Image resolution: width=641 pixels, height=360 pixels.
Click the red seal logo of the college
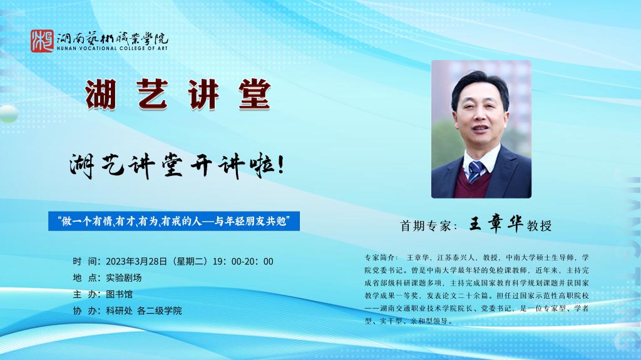[x=42, y=41]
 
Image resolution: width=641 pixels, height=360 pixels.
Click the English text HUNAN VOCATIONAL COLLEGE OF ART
[x=113, y=48]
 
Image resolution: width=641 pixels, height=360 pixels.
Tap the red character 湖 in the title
[x=101, y=95]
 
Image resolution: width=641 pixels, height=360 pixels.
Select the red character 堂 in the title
[x=254, y=95]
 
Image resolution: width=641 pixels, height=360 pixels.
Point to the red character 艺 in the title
[x=152, y=95]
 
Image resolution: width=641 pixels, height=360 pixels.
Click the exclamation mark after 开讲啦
[x=281, y=165]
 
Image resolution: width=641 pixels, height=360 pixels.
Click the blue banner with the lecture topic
[x=174, y=221]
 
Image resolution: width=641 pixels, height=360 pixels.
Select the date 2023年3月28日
[x=136, y=262]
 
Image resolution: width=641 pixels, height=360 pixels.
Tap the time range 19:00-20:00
[x=243, y=262]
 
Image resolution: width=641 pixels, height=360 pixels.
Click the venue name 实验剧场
[x=124, y=278]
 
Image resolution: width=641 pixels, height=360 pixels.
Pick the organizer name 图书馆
[x=120, y=294]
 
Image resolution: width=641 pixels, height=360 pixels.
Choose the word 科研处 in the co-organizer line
[x=120, y=311]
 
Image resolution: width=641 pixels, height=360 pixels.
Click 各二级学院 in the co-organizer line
[x=160, y=311]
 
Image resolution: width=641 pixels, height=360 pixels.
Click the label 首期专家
[x=426, y=226]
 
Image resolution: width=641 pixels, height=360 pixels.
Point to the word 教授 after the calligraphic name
[x=539, y=225]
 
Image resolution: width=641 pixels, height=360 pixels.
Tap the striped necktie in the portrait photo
[x=476, y=170]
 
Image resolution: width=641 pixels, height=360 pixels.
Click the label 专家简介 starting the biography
[x=379, y=258]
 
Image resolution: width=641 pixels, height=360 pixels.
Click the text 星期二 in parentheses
[x=190, y=262]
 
